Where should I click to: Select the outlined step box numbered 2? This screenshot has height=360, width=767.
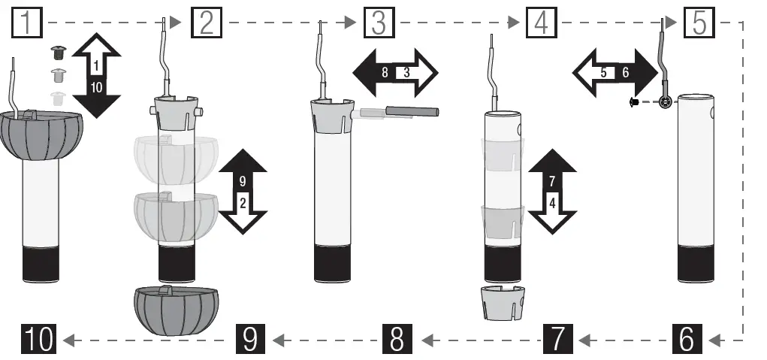pyautogui.click(x=206, y=23)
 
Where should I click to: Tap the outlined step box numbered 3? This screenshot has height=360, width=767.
pyautogui.click(x=378, y=23)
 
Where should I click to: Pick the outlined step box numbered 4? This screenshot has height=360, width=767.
pyautogui.click(x=540, y=23)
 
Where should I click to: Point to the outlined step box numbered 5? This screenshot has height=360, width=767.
pyautogui.click(x=699, y=23)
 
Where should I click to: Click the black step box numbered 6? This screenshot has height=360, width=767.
pyautogui.click(x=687, y=340)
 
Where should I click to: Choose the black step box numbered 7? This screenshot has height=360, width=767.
pyautogui.click(x=556, y=340)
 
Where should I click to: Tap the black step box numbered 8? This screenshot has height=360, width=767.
pyautogui.click(x=397, y=340)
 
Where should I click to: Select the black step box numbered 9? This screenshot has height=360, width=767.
pyautogui.click(x=250, y=340)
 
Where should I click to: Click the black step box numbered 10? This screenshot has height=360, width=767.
pyautogui.click(x=37, y=340)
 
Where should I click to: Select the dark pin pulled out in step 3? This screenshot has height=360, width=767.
pyautogui.click(x=412, y=111)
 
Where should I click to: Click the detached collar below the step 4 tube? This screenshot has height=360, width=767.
pyautogui.click(x=501, y=304)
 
